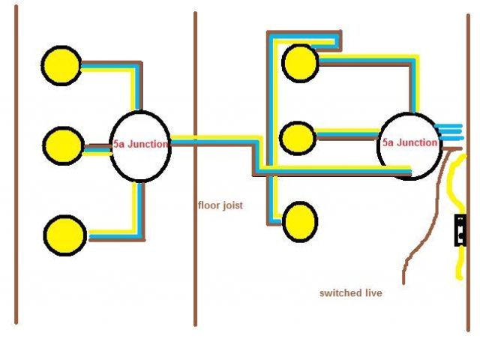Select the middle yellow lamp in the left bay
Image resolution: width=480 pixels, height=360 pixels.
coord(61,145)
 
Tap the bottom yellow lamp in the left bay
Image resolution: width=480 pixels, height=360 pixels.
coord(65,235)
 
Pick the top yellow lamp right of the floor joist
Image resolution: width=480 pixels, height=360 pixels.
coord(299,61)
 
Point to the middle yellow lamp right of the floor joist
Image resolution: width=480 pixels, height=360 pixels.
coord(298,138)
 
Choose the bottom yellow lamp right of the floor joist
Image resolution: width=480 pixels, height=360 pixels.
coord(300,220)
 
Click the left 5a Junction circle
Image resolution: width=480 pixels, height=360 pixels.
coord(140,145)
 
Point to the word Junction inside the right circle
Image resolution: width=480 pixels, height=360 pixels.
coord(416,142)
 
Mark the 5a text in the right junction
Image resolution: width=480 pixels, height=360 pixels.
coord(388,142)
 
